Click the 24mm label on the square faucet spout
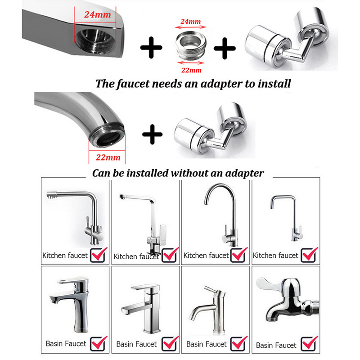coord(98,14)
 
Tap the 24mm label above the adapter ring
coord(190,21)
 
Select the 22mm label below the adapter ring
coord(191,70)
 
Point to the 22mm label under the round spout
coord(108,157)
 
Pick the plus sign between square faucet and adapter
coord(151,48)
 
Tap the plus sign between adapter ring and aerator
coord(225,48)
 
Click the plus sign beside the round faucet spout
coord(152,134)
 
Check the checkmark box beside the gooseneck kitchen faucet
coord(238,255)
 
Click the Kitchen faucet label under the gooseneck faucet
coord(206,255)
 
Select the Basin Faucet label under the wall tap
coord(276,345)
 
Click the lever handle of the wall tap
coord(269,284)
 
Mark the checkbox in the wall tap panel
coord(309,343)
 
